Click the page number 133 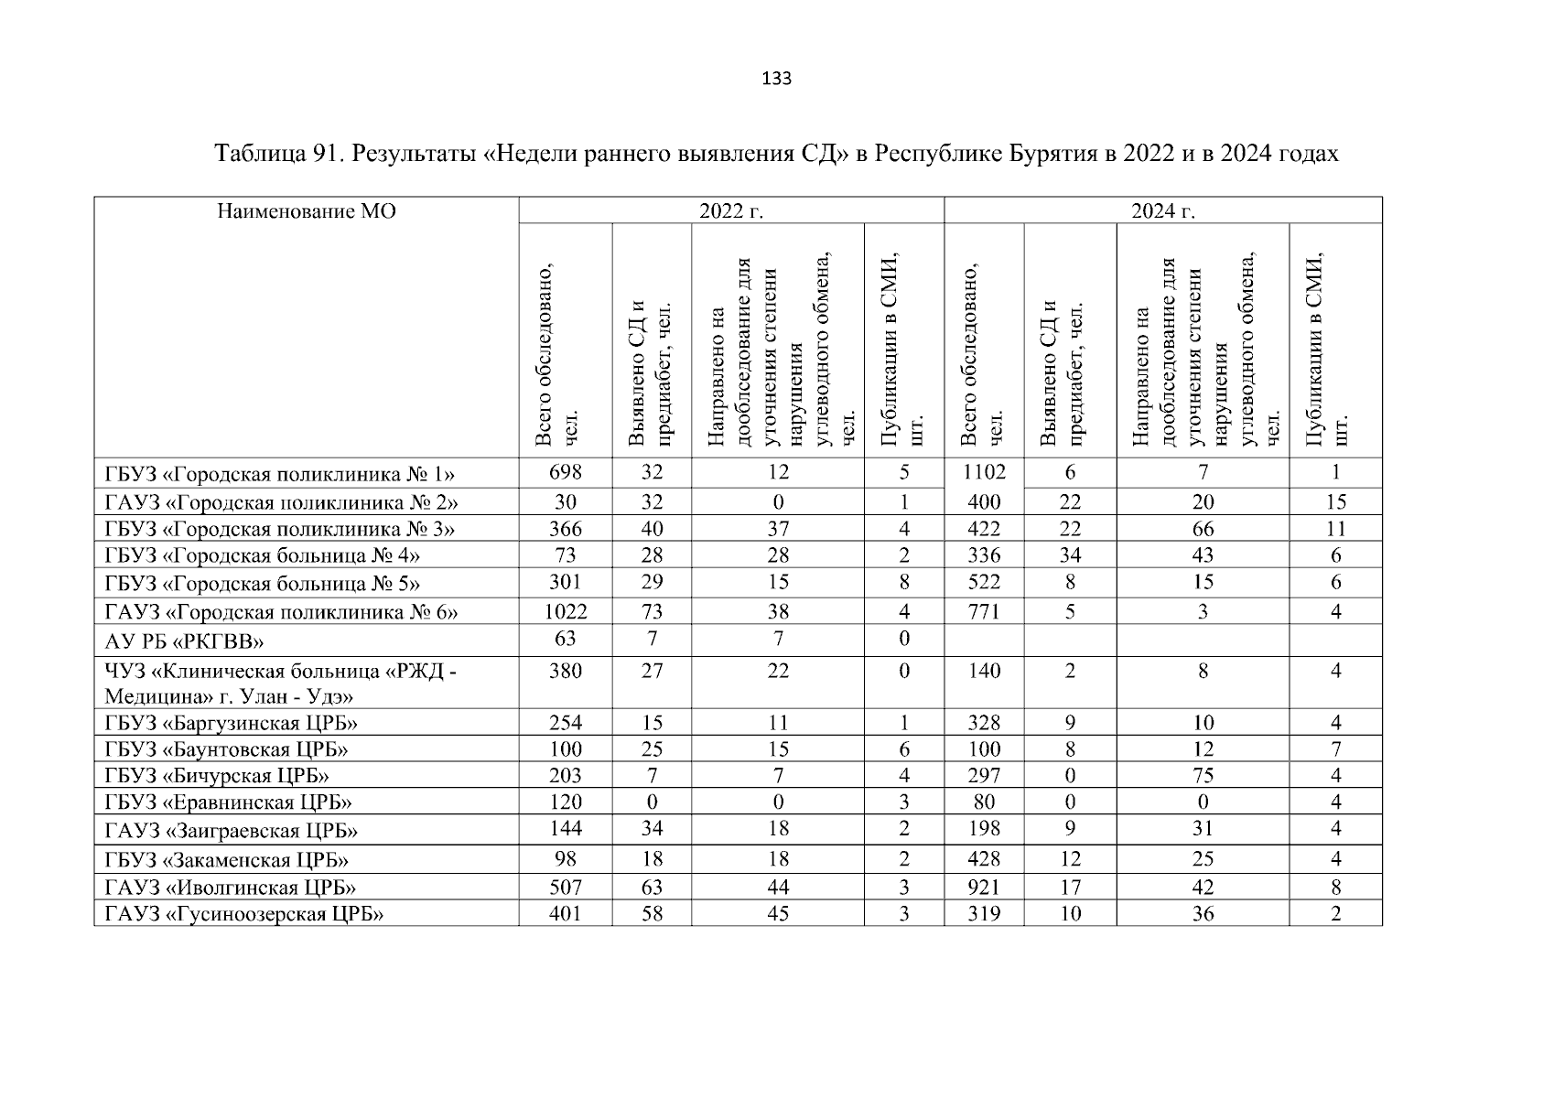point(776,79)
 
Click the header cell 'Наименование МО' point(307,212)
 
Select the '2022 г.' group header point(730,212)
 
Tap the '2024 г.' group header point(1162,212)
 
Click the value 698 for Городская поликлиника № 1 point(565,473)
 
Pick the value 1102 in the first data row point(984,473)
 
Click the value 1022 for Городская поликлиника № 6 point(565,611)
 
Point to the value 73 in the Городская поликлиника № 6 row point(652,611)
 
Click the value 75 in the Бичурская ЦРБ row point(1203,776)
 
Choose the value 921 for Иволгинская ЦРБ point(984,887)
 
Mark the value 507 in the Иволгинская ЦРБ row point(565,887)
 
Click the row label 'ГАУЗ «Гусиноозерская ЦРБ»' point(243,914)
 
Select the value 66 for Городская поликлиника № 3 point(1203,529)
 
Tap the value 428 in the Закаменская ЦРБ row point(984,859)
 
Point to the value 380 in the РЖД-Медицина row point(565,671)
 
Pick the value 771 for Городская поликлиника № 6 point(984,611)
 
